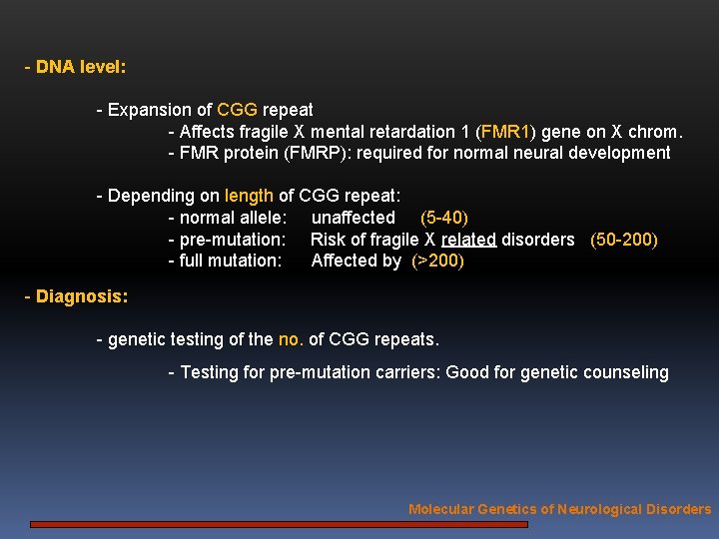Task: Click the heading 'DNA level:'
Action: [80, 68]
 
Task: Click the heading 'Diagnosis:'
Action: [81, 296]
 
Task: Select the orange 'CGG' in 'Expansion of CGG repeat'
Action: [237, 110]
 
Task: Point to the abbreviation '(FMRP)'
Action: [316, 153]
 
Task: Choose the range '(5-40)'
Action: [443, 218]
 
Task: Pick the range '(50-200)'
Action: [624, 240]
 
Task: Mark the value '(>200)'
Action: [437, 261]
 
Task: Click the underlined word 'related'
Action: [468, 240]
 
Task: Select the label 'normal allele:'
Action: [233, 218]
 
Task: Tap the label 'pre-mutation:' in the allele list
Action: [232, 240]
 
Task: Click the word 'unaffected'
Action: [354, 218]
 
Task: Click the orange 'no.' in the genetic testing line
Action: [291, 339]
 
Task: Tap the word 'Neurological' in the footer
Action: [603, 509]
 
